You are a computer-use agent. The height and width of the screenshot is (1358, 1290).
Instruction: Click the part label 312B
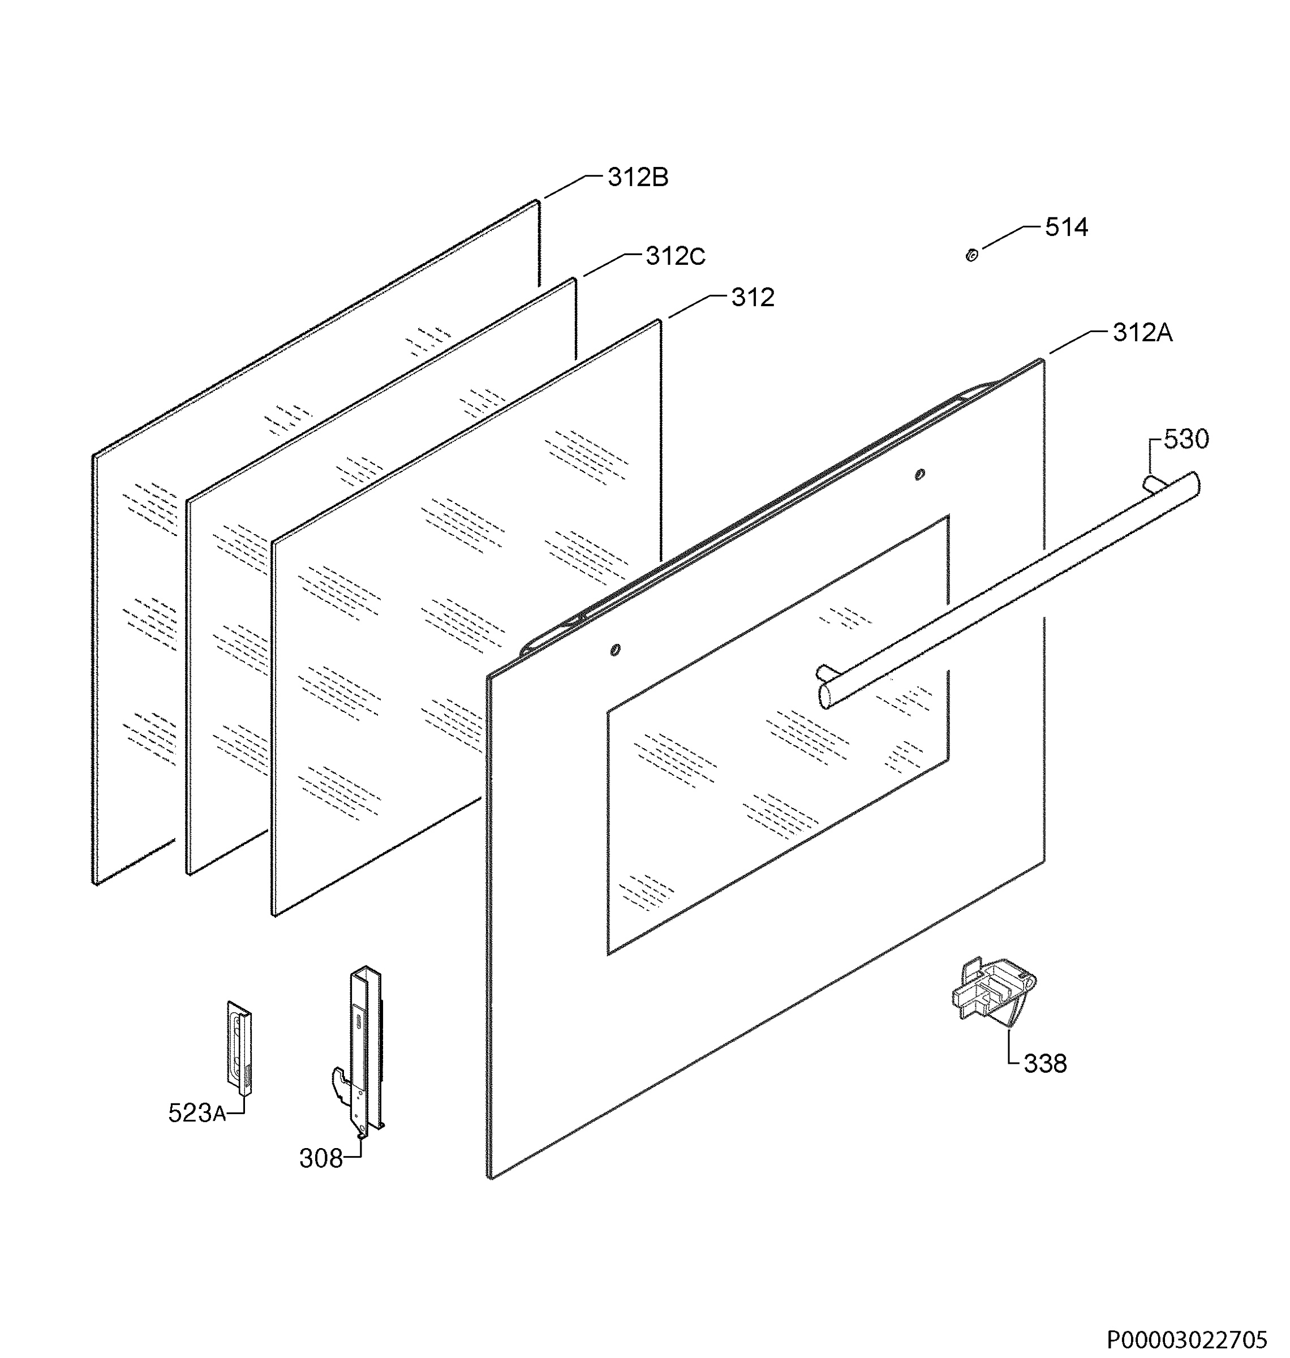click(x=638, y=178)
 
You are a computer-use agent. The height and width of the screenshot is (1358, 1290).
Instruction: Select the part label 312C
click(x=675, y=256)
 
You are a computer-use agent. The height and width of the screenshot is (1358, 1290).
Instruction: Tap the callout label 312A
click(x=1143, y=333)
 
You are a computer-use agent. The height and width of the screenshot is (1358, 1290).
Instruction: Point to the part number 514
click(x=1067, y=227)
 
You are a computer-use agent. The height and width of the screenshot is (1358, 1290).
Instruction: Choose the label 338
click(x=1045, y=1064)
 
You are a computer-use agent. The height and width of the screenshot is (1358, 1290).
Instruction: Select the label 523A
click(x=197, y=1112)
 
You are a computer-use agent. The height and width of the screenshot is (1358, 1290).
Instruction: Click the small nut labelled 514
click(x=971, y=255)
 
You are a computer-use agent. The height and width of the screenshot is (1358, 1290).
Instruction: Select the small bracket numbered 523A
click(x=239, y=1047)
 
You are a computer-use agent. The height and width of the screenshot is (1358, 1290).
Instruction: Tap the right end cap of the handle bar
click(x=1194, y=483)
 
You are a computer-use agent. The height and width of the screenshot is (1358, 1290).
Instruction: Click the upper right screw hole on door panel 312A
click(x=920, y=474)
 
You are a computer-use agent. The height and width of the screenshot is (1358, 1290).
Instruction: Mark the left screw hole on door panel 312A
click(x=616, y=650)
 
